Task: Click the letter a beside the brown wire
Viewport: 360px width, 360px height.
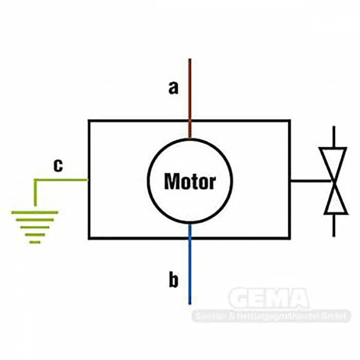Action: (174, 88)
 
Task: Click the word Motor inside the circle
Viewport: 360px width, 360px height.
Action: (190, 182)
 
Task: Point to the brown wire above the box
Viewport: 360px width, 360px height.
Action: (190, 90)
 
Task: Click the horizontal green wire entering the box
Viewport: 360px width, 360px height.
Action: (61, 180)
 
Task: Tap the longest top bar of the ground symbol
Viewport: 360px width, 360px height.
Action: (35, 212)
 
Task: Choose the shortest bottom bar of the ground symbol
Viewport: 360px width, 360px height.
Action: (35, 242)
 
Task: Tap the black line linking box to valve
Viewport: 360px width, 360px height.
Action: (311, 181)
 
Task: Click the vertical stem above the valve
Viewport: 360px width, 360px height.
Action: (334, 137)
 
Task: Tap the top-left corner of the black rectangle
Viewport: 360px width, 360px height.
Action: (89, 121)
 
